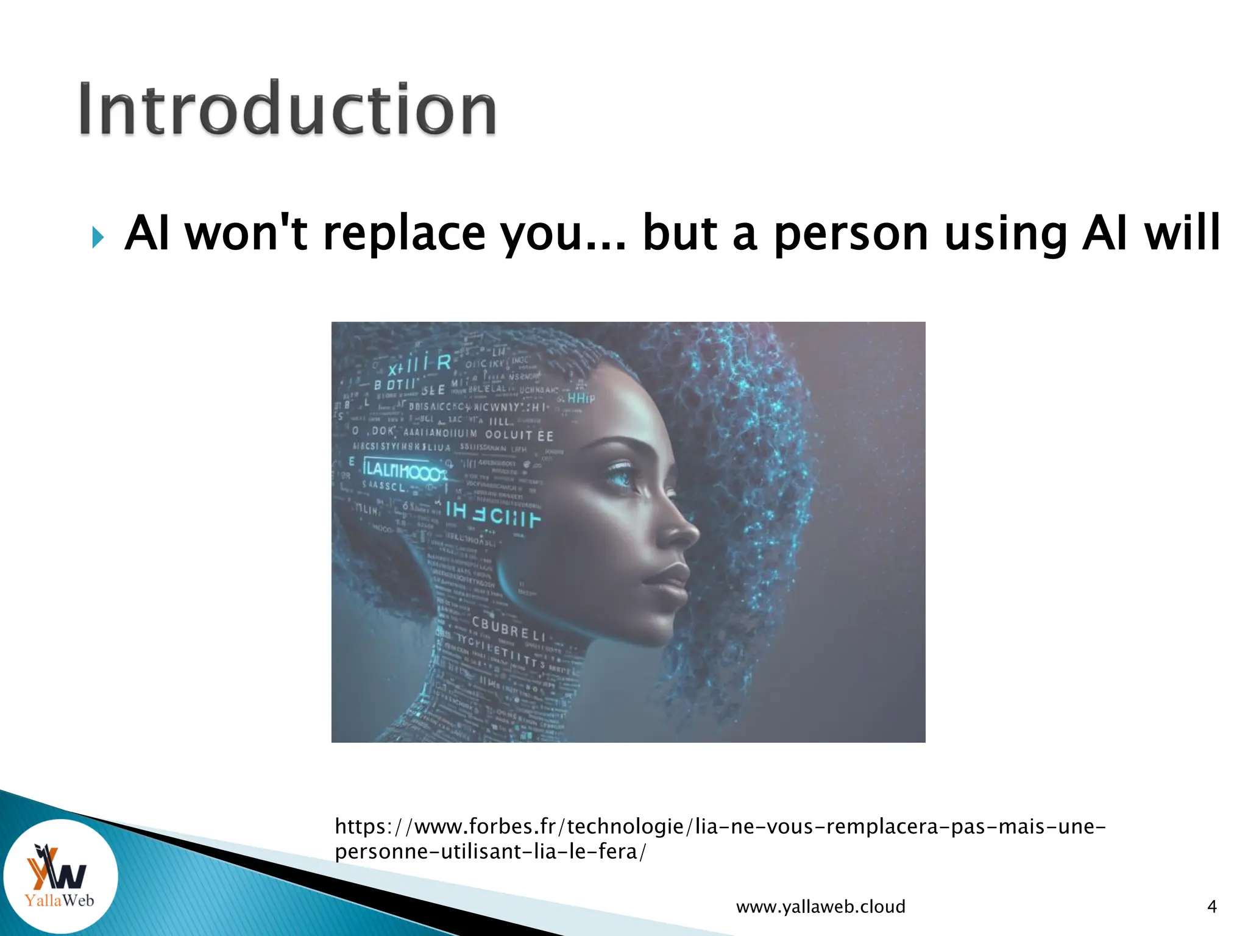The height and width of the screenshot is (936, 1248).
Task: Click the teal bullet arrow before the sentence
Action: (x=97, y=237)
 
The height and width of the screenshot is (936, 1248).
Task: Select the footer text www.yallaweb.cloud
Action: (x=820, y=907)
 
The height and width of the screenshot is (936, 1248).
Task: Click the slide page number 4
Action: (x=1211, y=907)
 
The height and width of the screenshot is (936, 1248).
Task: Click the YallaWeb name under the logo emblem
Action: (x=59, y=900)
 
